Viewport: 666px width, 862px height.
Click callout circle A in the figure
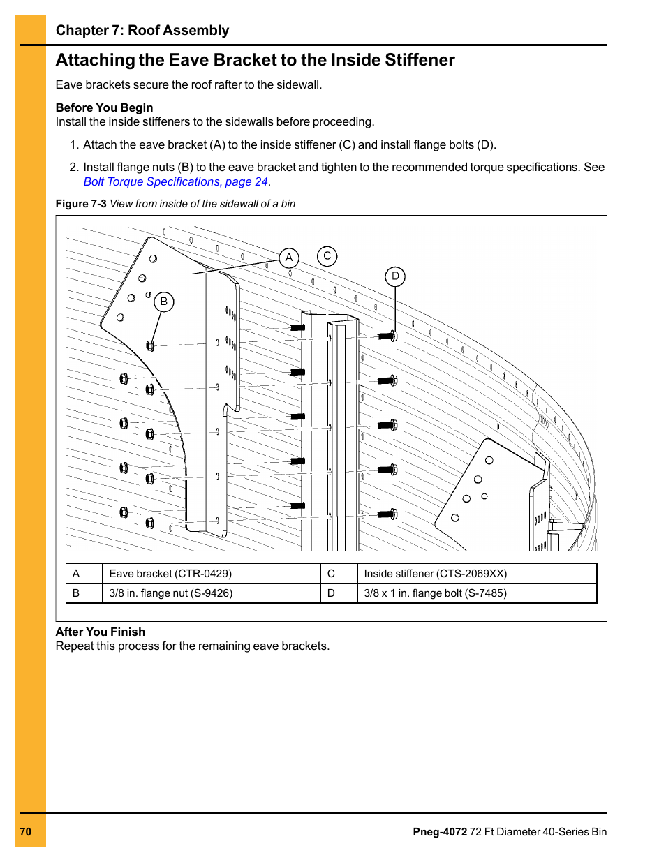pyautogui.click(x=289, y=258)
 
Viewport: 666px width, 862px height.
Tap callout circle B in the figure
pyautogui.click(x=164, y=302)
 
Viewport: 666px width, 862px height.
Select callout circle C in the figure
pyautogui.click(x=327, y=256)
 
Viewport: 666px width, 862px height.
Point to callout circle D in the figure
pyautogui.click(x=395, y=276)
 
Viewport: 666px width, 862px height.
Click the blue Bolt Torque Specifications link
pyautogui.click(x=176, y=181)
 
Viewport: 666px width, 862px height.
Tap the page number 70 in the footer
pyautogui.click(x=26, y=831)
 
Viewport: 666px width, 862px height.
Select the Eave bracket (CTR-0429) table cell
pyautogui.click(x=170, y=574)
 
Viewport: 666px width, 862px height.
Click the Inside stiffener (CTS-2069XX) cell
pyautogui.click(x=435, y=574)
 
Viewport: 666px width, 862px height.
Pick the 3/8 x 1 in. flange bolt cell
pyautogui.click(x=435, y=593)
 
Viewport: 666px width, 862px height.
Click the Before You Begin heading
pyautogui.click(x=104, y=107)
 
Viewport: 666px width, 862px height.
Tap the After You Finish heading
pyautogui.click(x=101, y=632)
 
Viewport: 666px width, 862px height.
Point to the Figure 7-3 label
pyautogui.click(x=81, y=204)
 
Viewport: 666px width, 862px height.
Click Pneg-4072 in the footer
pyautogui.click(x=439, y=831)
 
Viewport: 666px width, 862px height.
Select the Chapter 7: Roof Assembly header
pyautogui.click(x=142, y=30)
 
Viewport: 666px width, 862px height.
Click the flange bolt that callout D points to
pyautogui.click(x=387, y=336)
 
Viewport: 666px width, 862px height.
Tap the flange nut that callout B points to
pyautogui.click(x=150, y=345)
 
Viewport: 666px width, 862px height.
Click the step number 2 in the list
pyautogui.click(x=73, y=167)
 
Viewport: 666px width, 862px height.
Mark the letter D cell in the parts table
pyautogui.click(x=331, y=593)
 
